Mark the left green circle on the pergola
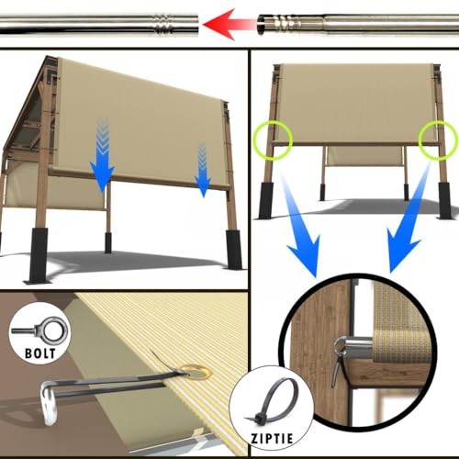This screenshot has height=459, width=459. pos(272,140)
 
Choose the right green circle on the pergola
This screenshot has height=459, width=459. pos(436,140)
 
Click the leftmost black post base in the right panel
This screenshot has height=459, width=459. pos(265,201)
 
